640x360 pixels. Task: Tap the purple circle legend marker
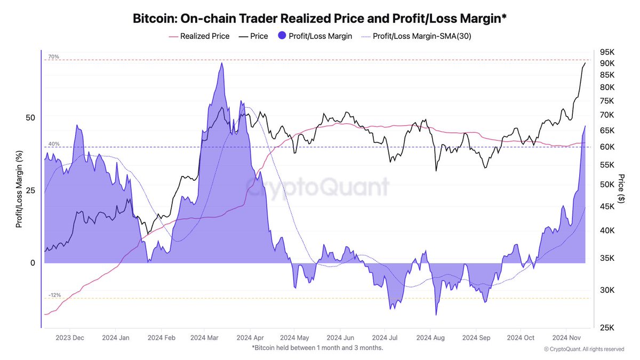tap(283, 36)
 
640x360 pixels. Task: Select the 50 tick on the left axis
tap(30, 117)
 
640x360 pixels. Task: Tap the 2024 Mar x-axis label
tap(204, 338)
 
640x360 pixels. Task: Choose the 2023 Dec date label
tap(70, 338)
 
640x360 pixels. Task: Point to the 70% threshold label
tap(53, 57)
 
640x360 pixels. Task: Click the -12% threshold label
tap(54, 295)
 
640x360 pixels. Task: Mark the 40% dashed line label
tap(53, 144)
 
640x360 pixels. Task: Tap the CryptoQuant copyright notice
tap(583, 349)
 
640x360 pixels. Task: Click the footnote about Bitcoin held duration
tap(317, 348)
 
